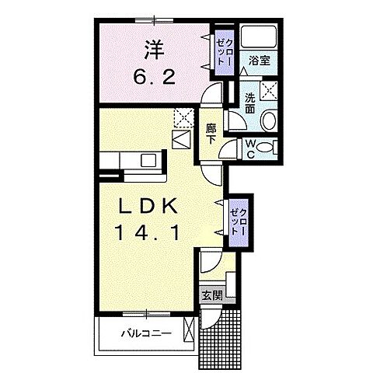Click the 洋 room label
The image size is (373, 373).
(155, 50)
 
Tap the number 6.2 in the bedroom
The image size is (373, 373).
(155, 76)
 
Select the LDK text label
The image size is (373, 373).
(148, 206)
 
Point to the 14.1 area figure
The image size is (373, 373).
(148, 232)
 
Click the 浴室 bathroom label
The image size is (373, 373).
(260, 61)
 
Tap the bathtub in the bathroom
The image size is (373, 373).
(259, 37)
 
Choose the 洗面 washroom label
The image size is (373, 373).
(250, 103)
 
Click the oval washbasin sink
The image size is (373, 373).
(269, 120)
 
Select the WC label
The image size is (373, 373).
(250, 149)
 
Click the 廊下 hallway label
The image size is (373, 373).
(211, 134)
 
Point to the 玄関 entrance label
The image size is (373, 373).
(212, 295)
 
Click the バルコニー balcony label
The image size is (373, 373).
(146, 333)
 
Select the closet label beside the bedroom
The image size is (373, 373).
(225, 52)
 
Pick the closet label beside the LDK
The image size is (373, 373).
(239, 222)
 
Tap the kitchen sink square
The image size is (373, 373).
(148, 160)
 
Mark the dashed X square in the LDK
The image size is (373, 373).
(184, 118)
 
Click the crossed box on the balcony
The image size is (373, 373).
(189, 329)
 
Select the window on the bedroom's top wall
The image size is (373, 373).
(154, 20)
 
